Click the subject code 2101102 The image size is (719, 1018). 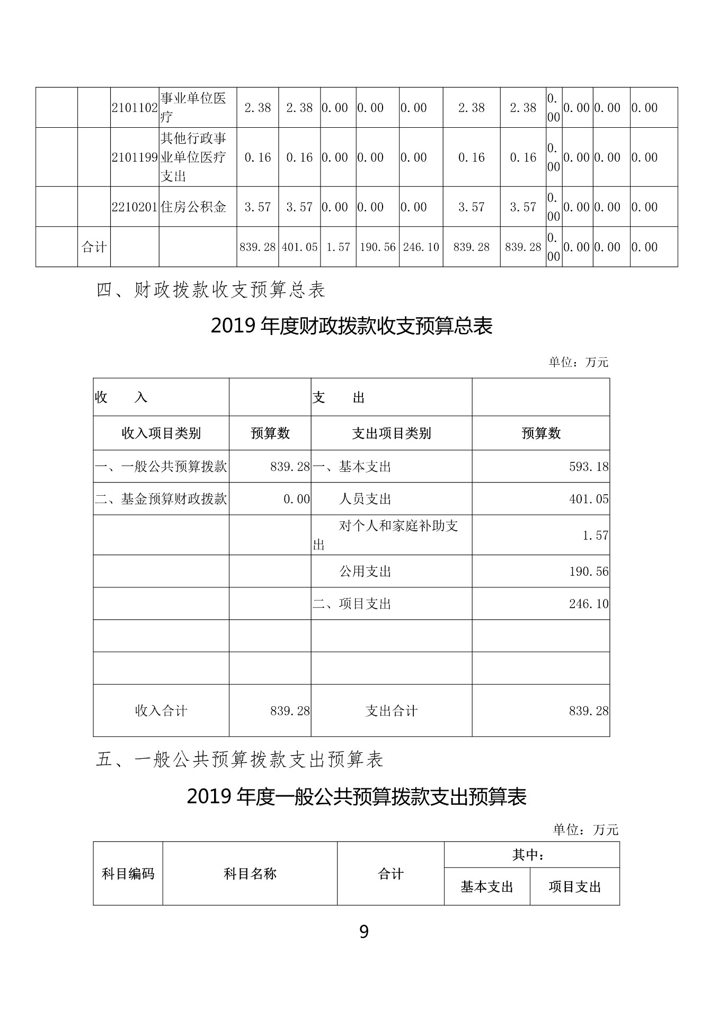[x=135, y=108]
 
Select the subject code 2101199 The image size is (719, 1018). [x=135, y=157]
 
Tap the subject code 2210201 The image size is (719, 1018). [x=135, y=207]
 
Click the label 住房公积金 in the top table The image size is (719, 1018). [x=193, y=207]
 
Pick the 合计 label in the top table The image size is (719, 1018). [x=94, y=247]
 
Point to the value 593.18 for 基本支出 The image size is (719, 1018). [x=589, y=467]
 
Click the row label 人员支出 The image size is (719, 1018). [x=365, y=499]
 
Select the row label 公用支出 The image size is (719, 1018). [x=365, y=572]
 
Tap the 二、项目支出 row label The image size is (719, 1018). [x=352, y=604]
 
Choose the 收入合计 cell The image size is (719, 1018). [x=161, y=711]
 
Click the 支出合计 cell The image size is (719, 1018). [x=392, y=711]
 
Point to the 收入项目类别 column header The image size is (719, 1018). [x=161, y=434]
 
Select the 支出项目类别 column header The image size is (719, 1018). [x=392, y=434]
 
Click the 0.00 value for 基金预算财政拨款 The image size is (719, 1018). [x=296, y=499]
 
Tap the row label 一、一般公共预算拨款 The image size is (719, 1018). [x=161, y=467]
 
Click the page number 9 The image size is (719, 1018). [x=364, y=946]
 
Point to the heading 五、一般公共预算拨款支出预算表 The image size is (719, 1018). [x=239, y=760]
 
